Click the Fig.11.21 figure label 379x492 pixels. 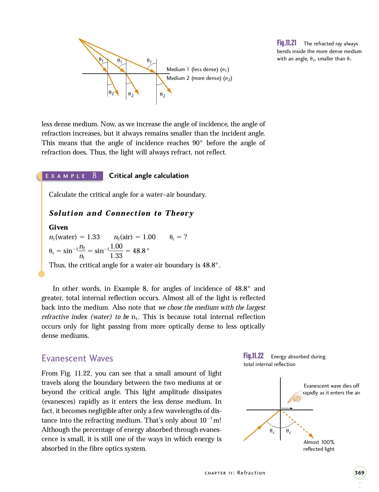[286, 43]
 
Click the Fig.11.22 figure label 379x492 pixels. [253, 356]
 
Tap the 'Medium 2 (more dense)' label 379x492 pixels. [199, 78]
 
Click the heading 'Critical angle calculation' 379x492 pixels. [149, 175]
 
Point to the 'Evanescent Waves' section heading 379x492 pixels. [77, 358]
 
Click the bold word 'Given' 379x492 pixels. [58, 227]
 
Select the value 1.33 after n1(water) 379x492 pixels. [93, 237]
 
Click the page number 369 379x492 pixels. [359, 473]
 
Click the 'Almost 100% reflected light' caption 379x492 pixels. [319, 445]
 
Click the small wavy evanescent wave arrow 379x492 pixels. [287, 408]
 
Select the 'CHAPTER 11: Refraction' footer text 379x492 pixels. [235, 473]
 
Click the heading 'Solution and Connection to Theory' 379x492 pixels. [121, 213]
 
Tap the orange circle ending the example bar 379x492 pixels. [42, 274]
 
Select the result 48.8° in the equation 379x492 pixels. [141, 251]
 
